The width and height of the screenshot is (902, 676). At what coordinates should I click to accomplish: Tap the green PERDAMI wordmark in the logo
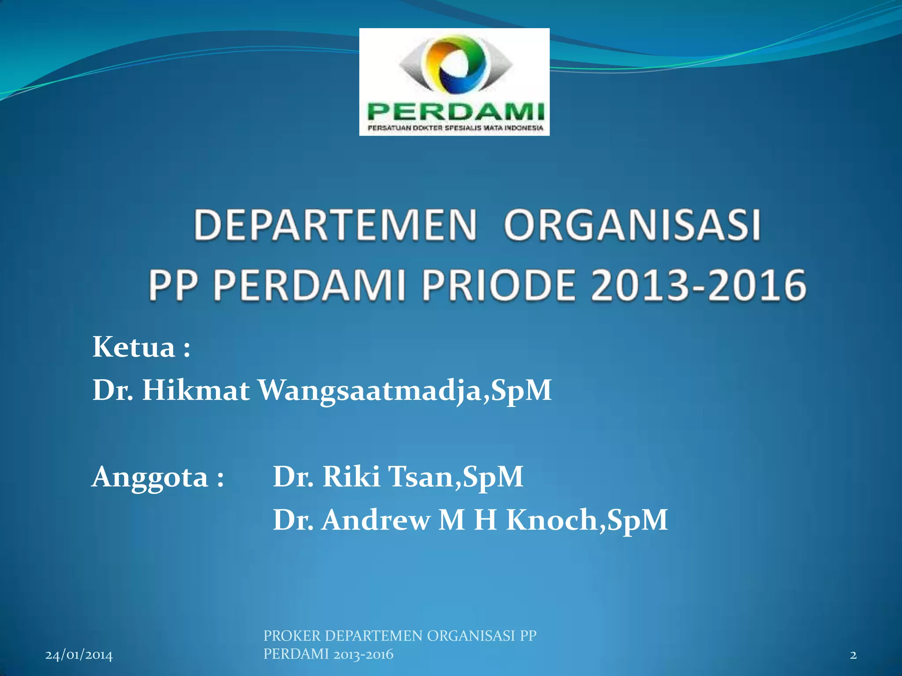(x=455, y=112)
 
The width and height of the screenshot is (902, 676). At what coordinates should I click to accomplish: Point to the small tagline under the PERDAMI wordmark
(x=455, y=128)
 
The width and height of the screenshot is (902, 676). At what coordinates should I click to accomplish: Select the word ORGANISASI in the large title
(x=632, y=225)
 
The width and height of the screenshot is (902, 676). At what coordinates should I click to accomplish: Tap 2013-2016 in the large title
(x=699, y=285)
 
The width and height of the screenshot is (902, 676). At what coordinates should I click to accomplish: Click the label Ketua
(x=134, y=347)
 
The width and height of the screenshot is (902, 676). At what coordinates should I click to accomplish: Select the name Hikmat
(x=196, y=390)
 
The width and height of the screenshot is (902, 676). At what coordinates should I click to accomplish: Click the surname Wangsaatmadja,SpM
(x=404, y=391)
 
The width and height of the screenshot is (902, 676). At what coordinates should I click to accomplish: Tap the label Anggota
(x=150, y=477)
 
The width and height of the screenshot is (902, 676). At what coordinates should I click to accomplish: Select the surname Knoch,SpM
(x=587, y=520)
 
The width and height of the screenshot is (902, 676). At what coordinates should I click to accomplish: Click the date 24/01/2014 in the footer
(x=79, y=655)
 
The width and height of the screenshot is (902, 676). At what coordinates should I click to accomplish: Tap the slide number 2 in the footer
(x=853, y=655)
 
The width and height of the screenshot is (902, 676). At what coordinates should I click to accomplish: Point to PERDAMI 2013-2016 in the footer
(x=328, y=654)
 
